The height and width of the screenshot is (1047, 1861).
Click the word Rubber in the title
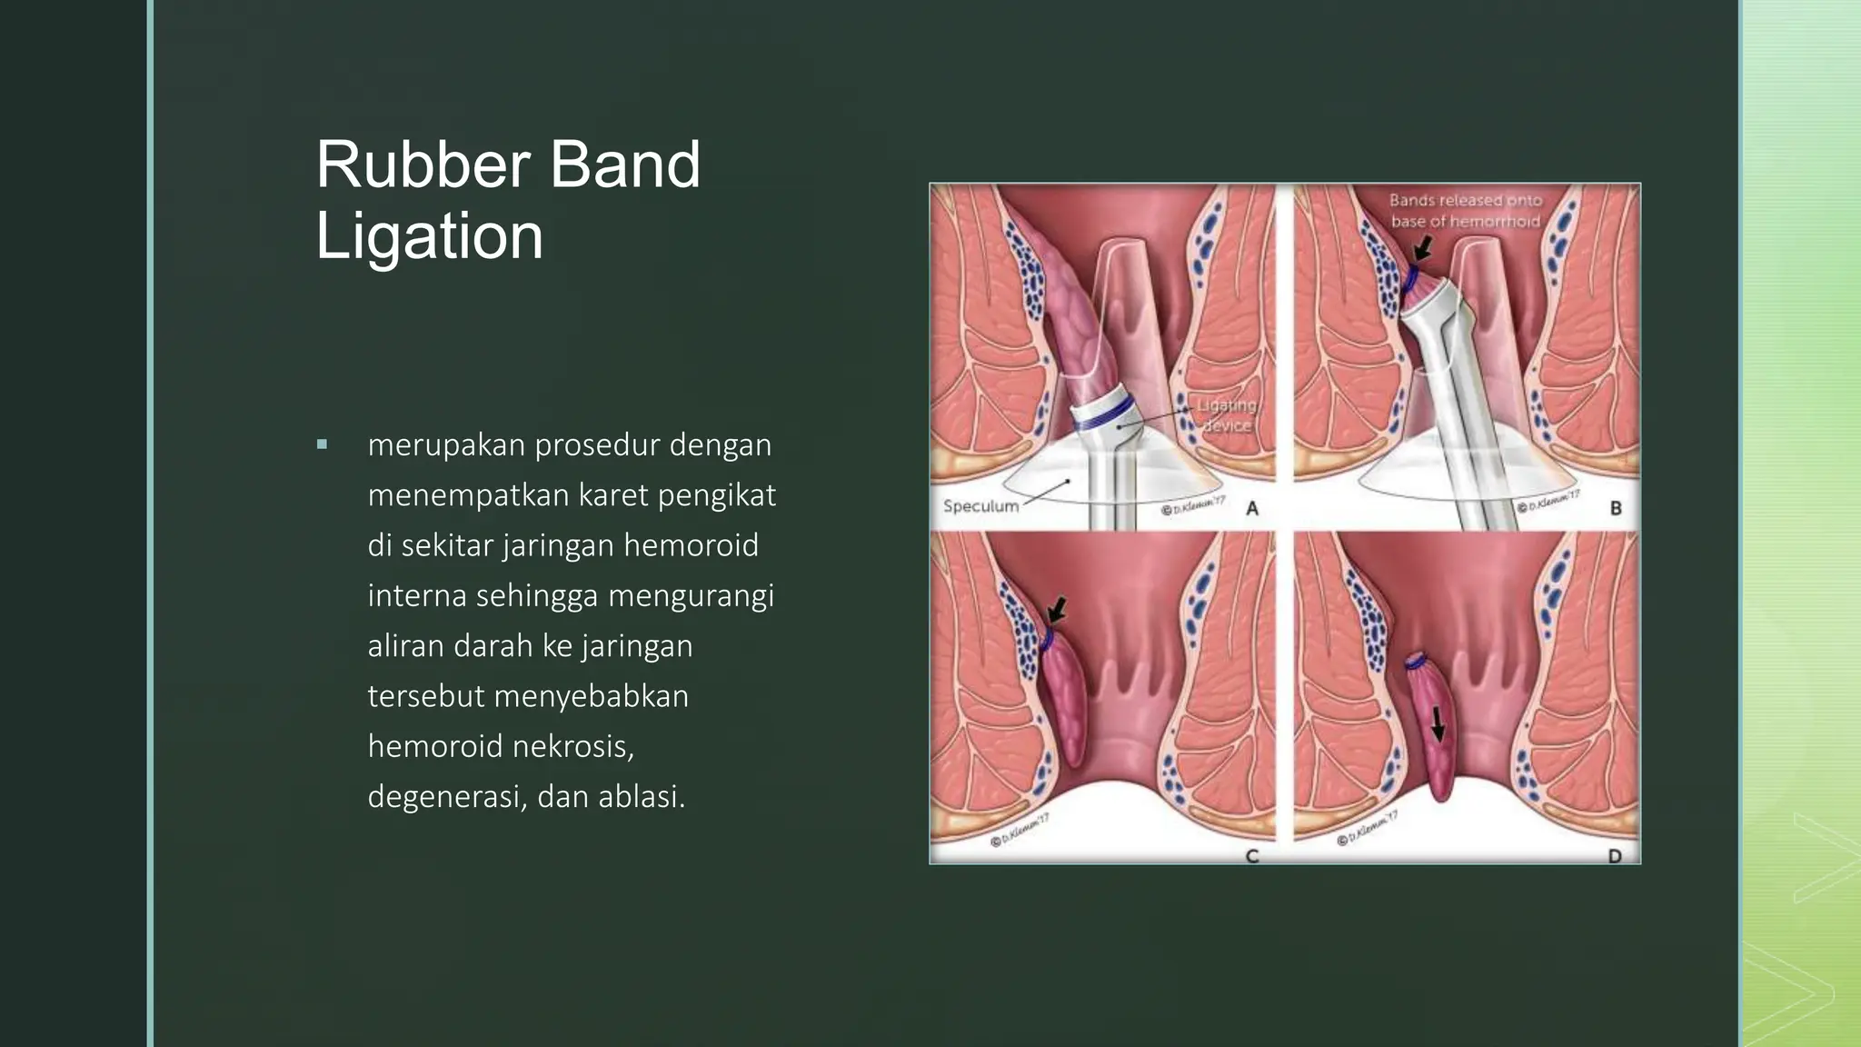pyautogui.click(x=423, y=165)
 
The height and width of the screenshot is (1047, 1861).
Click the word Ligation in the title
pyautogui.click(x=429, y=236)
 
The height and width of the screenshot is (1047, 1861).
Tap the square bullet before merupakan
pyautogui.click(x=322, y=444)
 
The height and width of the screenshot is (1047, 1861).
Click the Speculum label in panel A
pyautogui.click(x=980, y=506)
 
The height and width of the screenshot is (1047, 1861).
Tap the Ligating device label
pyautogui.click(x=1227, y=415)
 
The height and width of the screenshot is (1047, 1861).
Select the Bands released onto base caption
pyautogui.click(x=1465, y=211)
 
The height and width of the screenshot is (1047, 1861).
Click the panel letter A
pyautogui.click(x=1252, y=509)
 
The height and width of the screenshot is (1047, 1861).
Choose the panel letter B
pyautogui.click(x=1616, y=508)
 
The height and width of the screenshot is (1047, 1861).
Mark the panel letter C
pyautogui.click(x=1251, y=855)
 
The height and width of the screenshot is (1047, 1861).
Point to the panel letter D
pyautogui.click(x=1615, y=855)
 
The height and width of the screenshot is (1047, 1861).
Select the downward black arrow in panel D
pyautogui.click(x=1438, y=723)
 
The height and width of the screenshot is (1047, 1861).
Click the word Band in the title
pyautogui.click(x=624, y=165)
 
